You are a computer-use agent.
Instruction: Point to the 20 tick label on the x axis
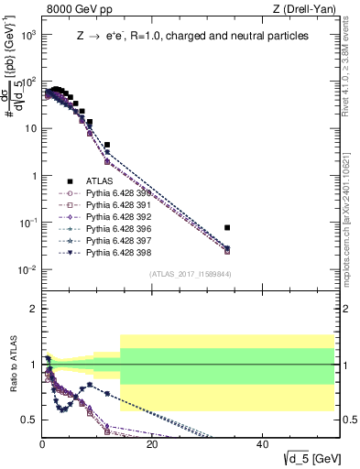pyautogui.click(x=152, y=445)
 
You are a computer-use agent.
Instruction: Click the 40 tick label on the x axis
pyautogui.click(x=262, y=445)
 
